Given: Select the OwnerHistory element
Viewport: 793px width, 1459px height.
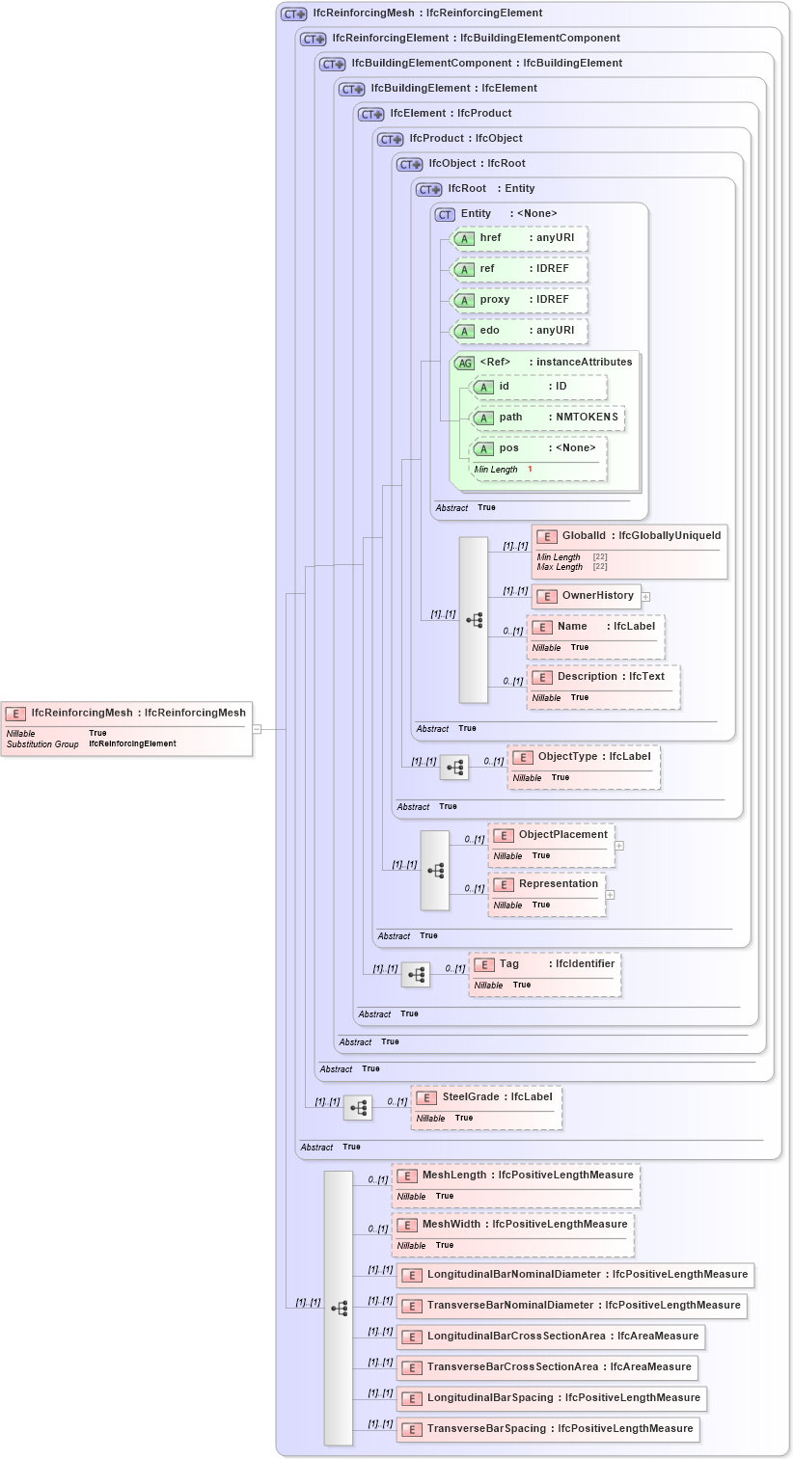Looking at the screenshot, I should [587, 596].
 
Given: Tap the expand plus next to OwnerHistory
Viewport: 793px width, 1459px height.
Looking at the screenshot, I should [646, 597].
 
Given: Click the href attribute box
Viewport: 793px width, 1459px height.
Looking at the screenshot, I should [521, 238].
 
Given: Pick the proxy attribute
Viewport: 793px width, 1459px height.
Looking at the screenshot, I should [521, 300].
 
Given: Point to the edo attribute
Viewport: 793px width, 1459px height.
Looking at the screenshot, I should [521, 331].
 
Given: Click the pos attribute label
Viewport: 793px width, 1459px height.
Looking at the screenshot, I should [508, 448].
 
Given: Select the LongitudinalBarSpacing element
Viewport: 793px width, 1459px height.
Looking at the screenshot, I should [552, 1398].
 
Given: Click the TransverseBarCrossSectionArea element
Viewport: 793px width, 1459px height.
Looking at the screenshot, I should [547, 1367].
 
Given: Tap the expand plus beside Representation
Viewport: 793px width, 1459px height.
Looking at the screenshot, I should [610, 895].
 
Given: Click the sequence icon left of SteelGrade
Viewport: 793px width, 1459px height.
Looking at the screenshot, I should [358, 1108].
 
